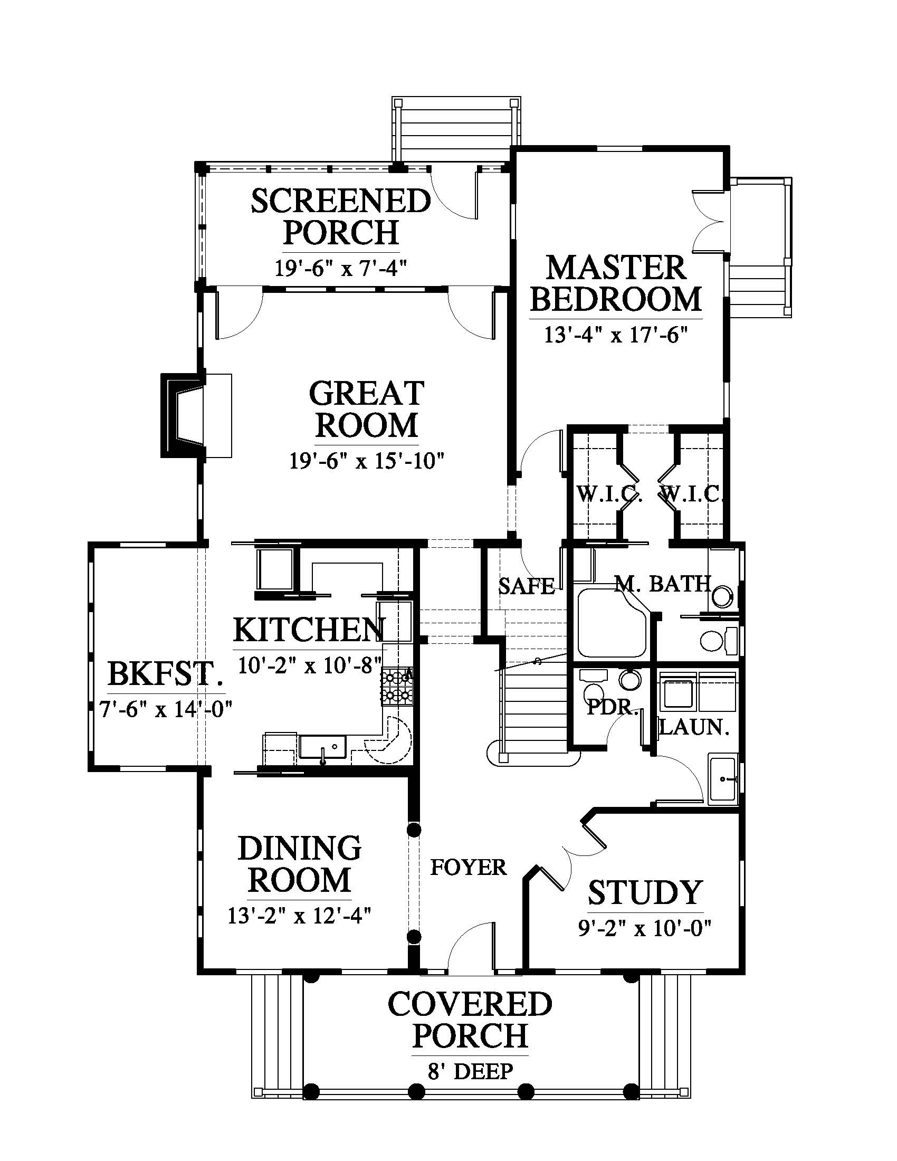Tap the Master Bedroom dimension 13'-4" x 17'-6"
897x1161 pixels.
pos(616,336)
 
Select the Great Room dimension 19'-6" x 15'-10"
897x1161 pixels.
pos(367,461)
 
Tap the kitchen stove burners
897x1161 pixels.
pos(397,686)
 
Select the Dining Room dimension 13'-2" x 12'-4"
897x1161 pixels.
pos(299,916)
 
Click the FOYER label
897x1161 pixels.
pos(468,868)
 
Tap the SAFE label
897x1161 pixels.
pos(526,586)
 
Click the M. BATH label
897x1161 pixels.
pos(663,584)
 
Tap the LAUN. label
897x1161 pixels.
pos(693,727)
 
